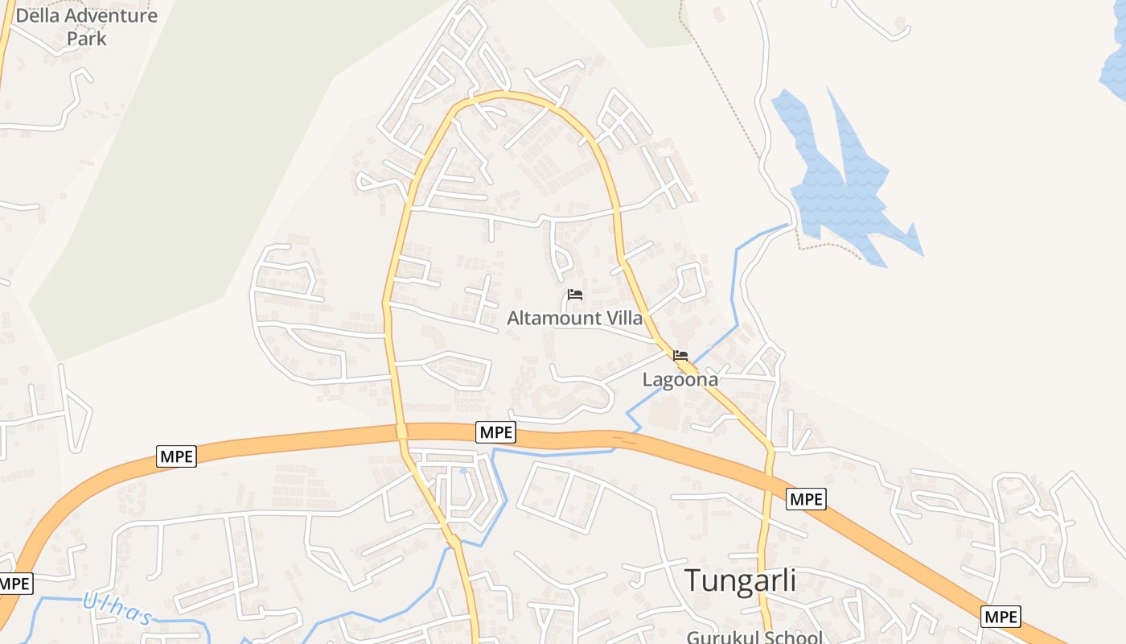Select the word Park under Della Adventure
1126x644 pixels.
[x=87, y=38]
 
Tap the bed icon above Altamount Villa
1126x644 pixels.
[x=575, y=295]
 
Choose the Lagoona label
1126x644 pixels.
[x=680, y=379]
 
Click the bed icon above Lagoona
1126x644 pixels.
[x=680, y=355]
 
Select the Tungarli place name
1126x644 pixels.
[x=740, y=580]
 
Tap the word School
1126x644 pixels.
[x=793, y=638]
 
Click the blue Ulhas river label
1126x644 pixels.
[x=117, y=609]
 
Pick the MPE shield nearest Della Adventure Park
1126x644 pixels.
[x=177, y=457]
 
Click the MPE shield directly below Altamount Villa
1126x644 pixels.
[x=495, y=432]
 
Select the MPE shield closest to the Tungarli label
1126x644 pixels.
[x=806, y=499]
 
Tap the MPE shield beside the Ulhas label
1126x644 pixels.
[x=14, y=584]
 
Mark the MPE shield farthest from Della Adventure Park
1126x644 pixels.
[x=1001, y=617]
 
